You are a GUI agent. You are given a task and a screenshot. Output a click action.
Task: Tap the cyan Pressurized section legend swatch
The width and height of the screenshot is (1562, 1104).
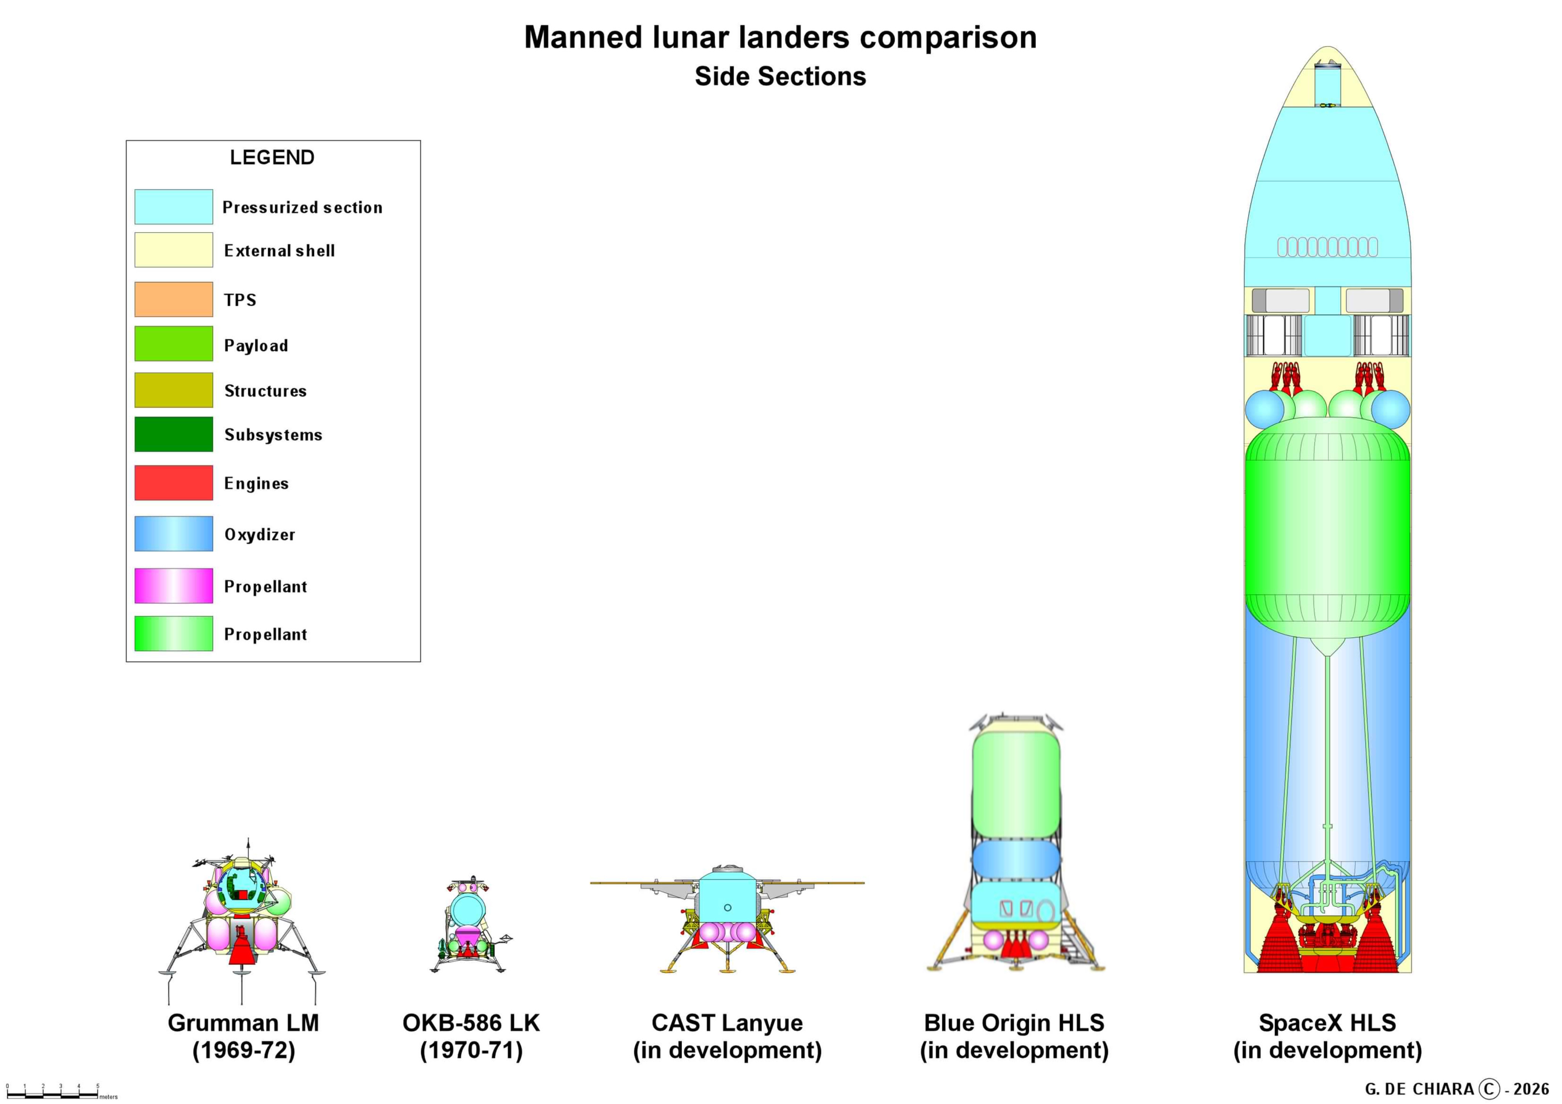click(174, 207)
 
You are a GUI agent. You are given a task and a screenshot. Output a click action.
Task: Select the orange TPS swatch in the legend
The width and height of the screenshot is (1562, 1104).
click(174, 299)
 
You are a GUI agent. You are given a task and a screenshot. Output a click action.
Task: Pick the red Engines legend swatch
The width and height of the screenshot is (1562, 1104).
click(174, 483)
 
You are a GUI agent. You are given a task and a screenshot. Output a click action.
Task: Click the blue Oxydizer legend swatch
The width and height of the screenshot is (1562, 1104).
click(174, 534)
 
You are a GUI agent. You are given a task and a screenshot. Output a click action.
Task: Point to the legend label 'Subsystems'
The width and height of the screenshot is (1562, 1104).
click(273, 435)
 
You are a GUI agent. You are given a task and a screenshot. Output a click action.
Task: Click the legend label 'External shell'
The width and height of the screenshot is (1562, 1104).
click(279, 251)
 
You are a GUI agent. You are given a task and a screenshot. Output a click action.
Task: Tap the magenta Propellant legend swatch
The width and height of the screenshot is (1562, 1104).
click(174, 586)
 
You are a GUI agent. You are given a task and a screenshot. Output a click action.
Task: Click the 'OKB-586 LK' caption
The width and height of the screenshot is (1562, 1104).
click(471, 1023)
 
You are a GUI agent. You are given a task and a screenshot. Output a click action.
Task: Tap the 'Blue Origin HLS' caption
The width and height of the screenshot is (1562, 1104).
click(1014, 1023)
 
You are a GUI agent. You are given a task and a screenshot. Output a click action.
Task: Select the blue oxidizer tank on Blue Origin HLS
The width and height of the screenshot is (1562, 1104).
click(1015, 861)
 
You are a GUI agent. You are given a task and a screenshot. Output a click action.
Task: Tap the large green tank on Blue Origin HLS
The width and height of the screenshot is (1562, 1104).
click(1015, 782)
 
